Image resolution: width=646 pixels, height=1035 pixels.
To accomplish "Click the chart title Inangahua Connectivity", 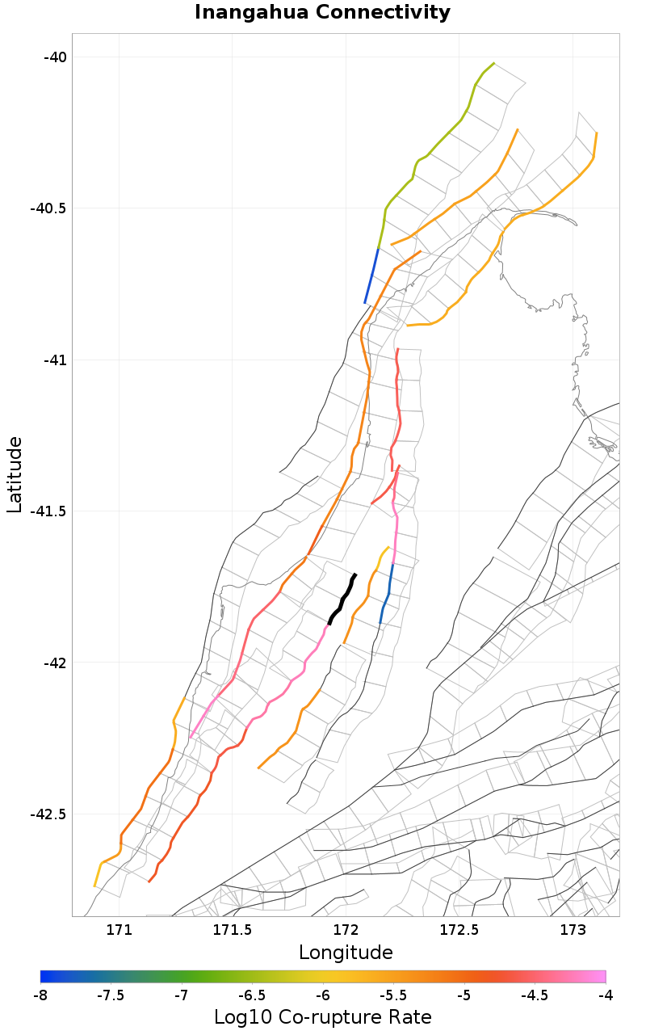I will pos(322,13).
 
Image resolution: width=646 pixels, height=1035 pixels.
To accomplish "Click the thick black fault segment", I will pos(342,598).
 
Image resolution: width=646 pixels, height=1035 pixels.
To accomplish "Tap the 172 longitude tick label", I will pos(346,930).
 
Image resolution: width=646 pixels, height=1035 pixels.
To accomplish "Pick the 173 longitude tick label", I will pos(573,930).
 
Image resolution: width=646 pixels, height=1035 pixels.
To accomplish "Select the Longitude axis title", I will pos(346,953).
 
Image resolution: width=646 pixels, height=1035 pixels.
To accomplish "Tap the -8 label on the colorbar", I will pos(40,995).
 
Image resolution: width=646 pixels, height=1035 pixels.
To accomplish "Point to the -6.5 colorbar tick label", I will pos(252,995).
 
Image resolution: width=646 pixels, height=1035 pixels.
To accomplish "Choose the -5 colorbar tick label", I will pos(464,995).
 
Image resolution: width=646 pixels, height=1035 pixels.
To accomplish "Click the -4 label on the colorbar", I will pos(606,995).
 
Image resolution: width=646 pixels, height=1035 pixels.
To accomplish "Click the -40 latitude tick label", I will pos(57,57).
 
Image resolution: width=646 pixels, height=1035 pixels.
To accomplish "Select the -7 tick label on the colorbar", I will pos(182,995).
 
